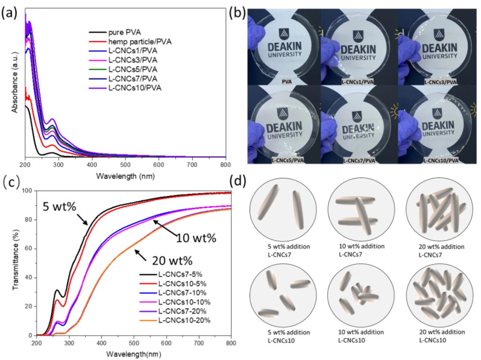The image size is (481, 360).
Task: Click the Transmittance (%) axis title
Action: coord(14,263)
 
